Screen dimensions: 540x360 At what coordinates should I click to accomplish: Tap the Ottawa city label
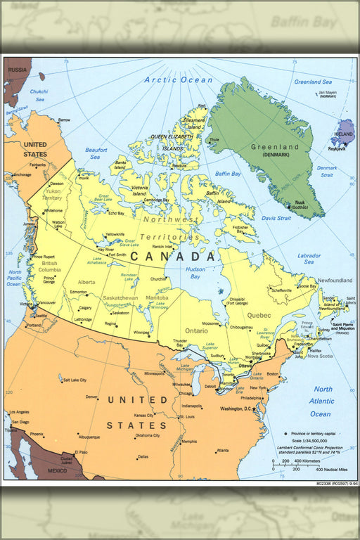tap(246, 366)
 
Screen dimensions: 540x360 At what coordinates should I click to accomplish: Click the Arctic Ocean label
tap(178, 80)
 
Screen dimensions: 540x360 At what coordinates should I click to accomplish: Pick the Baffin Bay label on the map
tap(228, 173)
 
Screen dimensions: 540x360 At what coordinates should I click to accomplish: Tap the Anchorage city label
tap(22, 174)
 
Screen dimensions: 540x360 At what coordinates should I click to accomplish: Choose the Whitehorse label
tap(53, 210)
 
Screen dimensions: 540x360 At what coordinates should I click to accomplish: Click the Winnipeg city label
tap(142, 332)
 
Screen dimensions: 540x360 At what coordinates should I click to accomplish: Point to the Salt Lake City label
tap(74, 380)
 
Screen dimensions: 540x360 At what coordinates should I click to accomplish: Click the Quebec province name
tap(259, 315)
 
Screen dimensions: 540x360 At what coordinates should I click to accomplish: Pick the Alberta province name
tap(86, 282)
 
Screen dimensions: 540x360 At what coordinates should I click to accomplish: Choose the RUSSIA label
tap(18, 70)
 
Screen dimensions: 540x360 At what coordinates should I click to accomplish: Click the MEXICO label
tap(57, 470)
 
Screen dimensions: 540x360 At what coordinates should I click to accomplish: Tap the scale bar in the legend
tap(297, 464)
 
